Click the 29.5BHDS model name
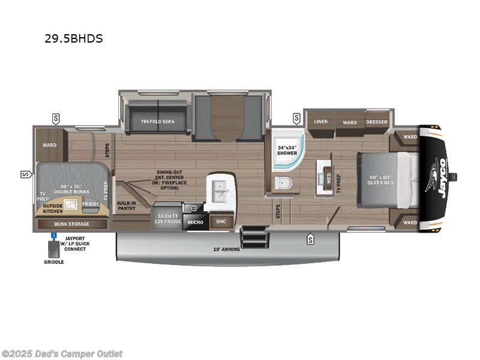(x=74, y=38)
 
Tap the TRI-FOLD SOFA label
(x=158, y=122)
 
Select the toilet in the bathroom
(x=283, y=183)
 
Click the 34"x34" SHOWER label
(x=287, y=151)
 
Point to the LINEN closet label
(x=321, y=122)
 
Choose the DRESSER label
(x=377, y=122)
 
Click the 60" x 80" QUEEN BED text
(x=380, y=179)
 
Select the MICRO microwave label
(x=196, y=222)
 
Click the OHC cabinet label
(x=221, y=221)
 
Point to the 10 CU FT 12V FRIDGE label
(x=168, y=218)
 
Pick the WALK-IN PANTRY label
(x=127, y=206)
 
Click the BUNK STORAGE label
(x=72, y=224)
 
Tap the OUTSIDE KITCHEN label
(x=53, y=208)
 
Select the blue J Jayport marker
(x=54, y=235)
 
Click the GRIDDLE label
(x=54, y=262)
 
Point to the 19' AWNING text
(x=227, y=249)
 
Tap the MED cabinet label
(x=329, y=178)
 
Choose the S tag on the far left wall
(x=26, y=175)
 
